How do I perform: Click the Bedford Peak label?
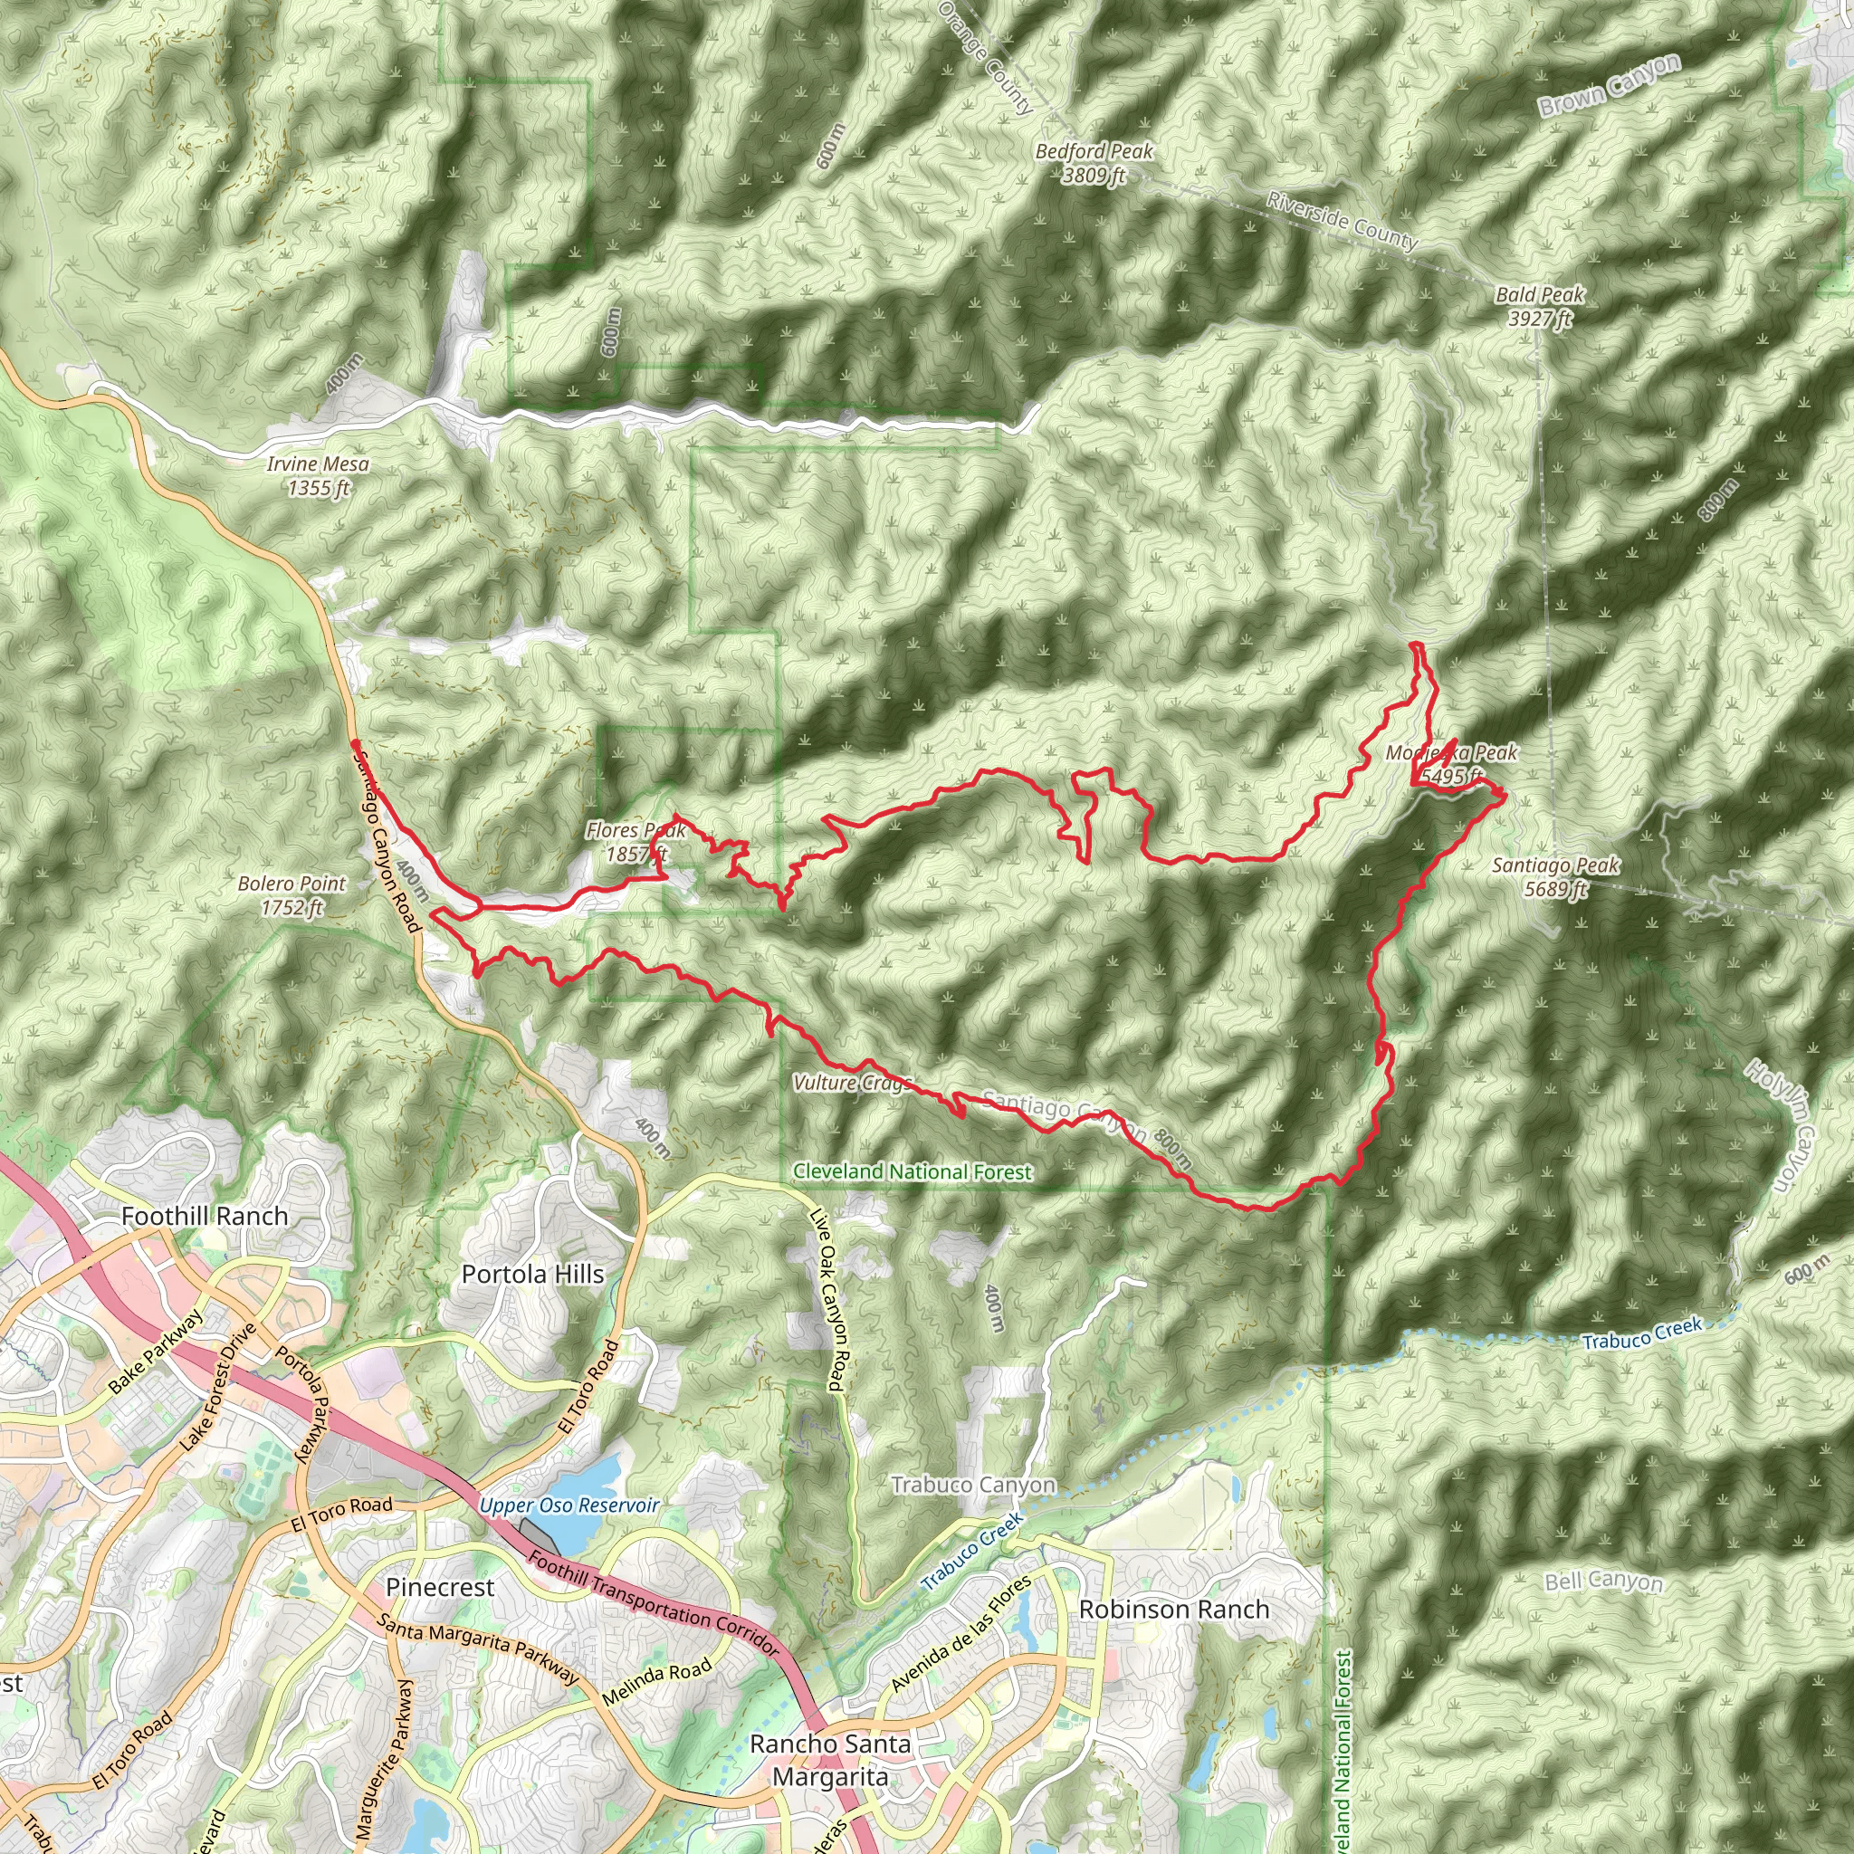pos(1093,162)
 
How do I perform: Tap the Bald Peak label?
pos(1539,306)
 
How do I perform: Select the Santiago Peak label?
pos(1554,877)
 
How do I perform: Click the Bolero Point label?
pos(291,894)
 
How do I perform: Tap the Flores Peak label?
pos(636,842)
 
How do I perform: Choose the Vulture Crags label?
pos(850,1084)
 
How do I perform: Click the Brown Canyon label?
pos(1610,86)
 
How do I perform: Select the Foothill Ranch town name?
pos(205,1216)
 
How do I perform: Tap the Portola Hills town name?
pos(532,1275)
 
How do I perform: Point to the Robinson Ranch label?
pos(1173,1610)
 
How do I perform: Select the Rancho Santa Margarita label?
pos(830,1760)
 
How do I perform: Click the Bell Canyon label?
pos(1602,1581)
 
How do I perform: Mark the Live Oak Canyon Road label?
pos(827,1299)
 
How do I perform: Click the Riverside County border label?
pos(1341,220)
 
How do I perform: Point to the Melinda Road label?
pos(657,1683)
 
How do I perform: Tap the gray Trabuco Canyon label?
pos(973,1485)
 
